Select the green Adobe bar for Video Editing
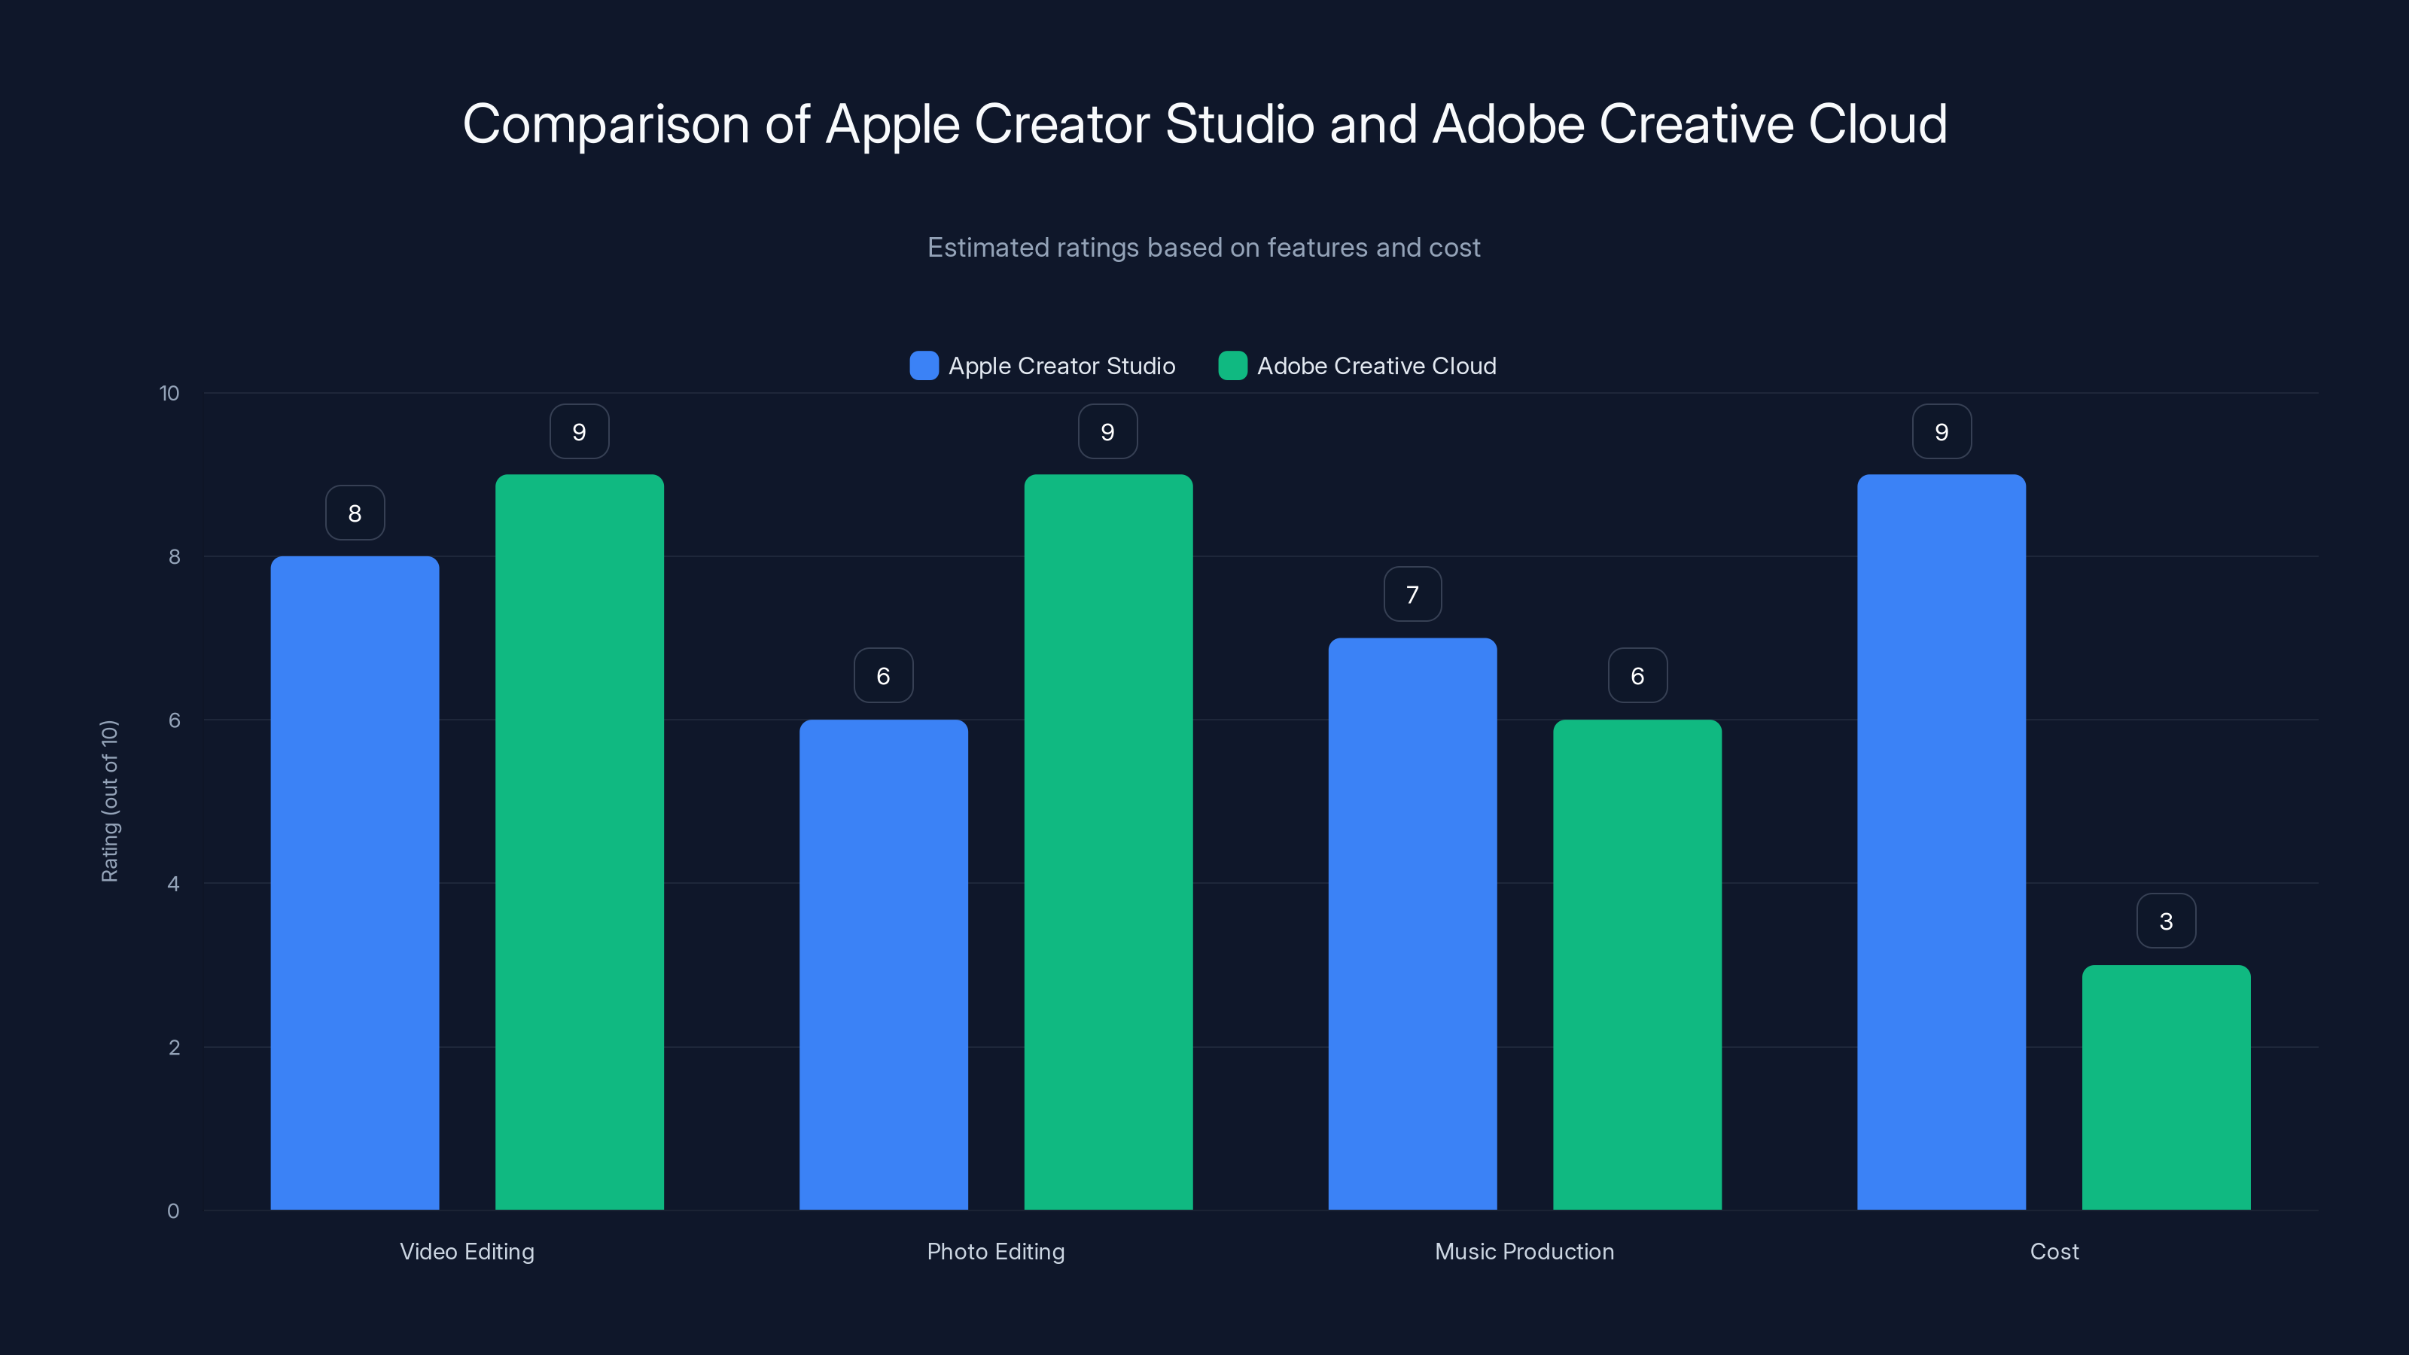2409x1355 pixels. click(579, 842)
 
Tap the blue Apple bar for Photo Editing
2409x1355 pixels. click(883, 964)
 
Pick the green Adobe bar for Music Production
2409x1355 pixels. click(1637, 964)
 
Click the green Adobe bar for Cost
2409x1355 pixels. click(2166, 1086)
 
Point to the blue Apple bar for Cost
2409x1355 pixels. click(1941, 842)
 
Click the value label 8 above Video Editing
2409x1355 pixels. click(355, 513)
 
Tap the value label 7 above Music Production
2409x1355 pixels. click(1412, 594)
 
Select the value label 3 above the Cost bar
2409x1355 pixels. click(2166, 921)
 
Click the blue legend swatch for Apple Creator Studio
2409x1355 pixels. click(924, 366)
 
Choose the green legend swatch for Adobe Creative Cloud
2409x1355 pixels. click(1232, 366)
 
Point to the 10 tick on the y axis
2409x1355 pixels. click(169, 393)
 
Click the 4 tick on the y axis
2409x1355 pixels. click(173, 884)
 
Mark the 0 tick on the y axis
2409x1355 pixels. click(173, 1211)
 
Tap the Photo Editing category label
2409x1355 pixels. click(995, 1251)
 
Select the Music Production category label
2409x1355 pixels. click(1524, 1251)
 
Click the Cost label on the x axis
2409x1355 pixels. click(2054, 1251)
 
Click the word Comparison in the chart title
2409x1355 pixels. click(606, 124)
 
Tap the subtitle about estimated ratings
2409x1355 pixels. click(1204, 248)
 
